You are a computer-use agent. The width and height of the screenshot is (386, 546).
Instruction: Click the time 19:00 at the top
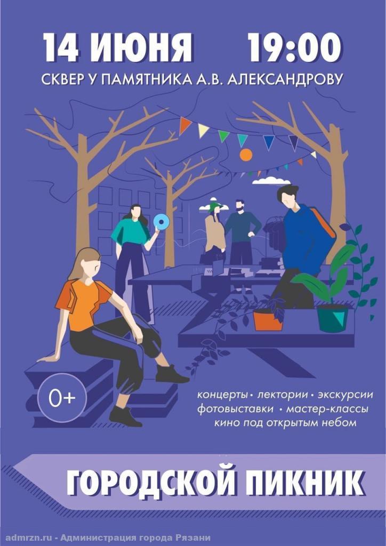coord(294,47)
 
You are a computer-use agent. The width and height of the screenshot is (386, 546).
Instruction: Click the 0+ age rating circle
coord(62,398)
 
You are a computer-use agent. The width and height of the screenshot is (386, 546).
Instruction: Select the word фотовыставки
coord(235,408)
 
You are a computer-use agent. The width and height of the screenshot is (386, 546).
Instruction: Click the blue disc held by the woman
coord(161,221)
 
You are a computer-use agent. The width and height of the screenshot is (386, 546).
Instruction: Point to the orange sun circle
coord(246,155)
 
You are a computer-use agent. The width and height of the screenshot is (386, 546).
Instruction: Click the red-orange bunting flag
coord(184,125)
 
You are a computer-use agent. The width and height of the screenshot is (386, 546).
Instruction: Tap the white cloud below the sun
coord(271,180)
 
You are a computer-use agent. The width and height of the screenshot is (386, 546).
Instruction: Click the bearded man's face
coord(239,206)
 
